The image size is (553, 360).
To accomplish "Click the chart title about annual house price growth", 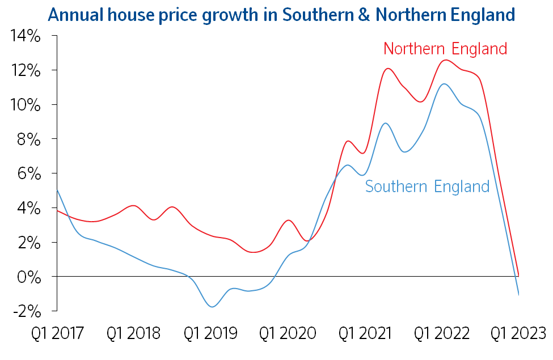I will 281,14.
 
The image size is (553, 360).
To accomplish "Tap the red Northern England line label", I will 445,49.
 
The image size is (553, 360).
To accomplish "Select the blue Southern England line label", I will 427,186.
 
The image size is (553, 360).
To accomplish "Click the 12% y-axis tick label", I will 24,71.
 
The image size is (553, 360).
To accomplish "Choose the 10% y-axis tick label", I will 24,105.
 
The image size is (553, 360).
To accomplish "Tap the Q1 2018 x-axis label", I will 133,333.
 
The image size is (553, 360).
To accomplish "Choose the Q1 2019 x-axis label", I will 210,333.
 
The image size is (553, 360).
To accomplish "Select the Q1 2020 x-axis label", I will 288,333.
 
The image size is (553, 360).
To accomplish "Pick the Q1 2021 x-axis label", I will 365,333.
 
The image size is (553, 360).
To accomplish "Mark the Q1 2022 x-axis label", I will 442,333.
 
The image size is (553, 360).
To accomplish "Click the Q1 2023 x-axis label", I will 518,333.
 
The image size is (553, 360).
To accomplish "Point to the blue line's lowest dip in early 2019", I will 212,307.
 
